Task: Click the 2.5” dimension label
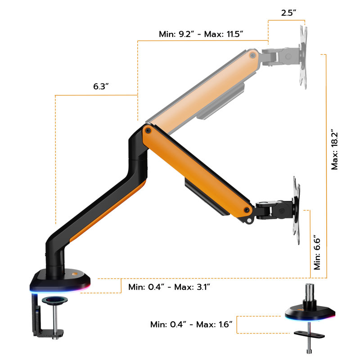click(288, 13)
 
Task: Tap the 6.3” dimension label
click(101, 86)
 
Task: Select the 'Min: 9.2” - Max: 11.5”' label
click(201, 34)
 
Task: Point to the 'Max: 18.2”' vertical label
click(334, 151)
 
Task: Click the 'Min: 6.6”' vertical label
click(317, 252)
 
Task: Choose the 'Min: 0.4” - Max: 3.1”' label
click(169, 287)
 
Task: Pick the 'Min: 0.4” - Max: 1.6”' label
click(191, 324)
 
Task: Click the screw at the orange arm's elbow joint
click(148, 131)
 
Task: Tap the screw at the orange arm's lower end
click(247, 210)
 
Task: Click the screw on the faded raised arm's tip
click(252, 55)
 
